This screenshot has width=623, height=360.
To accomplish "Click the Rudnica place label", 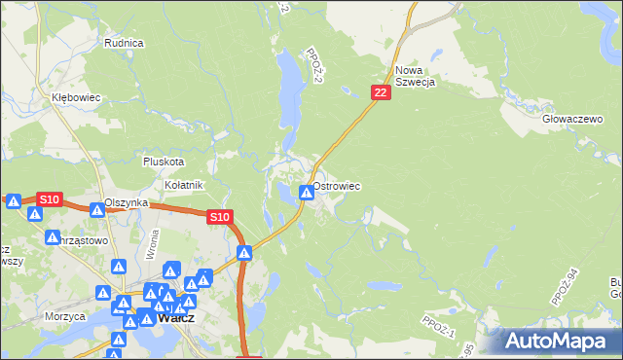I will (124, 43).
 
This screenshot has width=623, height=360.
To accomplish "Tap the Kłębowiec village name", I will (76, 98).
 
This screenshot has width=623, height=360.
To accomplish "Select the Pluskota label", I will (163, 162).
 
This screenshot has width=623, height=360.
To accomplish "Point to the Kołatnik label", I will (182, 185).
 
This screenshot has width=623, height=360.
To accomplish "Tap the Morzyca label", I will (63, 316).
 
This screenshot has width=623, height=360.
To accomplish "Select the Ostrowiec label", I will (337, 185).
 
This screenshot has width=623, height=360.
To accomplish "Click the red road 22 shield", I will (381, 91).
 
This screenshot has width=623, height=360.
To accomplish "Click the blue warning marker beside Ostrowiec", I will (307, 193).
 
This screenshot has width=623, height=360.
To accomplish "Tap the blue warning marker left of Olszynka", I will (96, 209).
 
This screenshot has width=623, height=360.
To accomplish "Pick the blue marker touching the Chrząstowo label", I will (53, 236).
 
